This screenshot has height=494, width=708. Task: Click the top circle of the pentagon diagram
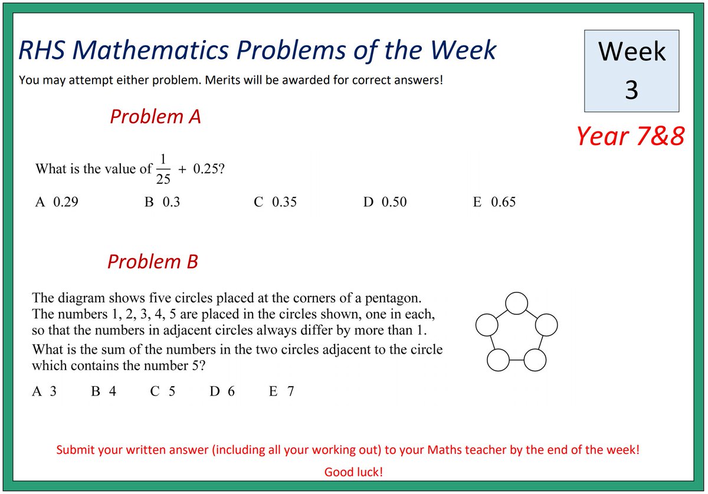pos(517,303)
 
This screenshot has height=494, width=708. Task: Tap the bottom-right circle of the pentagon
pos(535,360)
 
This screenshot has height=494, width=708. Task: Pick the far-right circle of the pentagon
pos(546,325)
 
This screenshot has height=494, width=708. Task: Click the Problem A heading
pos(155,117)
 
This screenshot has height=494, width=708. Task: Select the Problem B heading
pos(152,261)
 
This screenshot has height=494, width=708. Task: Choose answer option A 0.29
pos(57,202)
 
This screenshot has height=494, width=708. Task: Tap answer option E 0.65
pos(494,202)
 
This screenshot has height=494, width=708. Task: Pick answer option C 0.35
pos(275,202)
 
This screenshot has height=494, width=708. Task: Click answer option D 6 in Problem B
pos(222,391)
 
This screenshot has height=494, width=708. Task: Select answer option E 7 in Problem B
pos(281,391)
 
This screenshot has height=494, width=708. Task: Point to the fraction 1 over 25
pos(163,169)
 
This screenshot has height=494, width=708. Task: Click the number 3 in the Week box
pos(631,90)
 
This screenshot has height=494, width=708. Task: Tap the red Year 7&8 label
pos(630,136)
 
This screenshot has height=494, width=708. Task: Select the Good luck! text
pos(353,472)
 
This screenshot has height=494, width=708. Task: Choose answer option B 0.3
pos(162,202)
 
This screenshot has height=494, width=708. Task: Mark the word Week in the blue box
pos(631,52)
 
